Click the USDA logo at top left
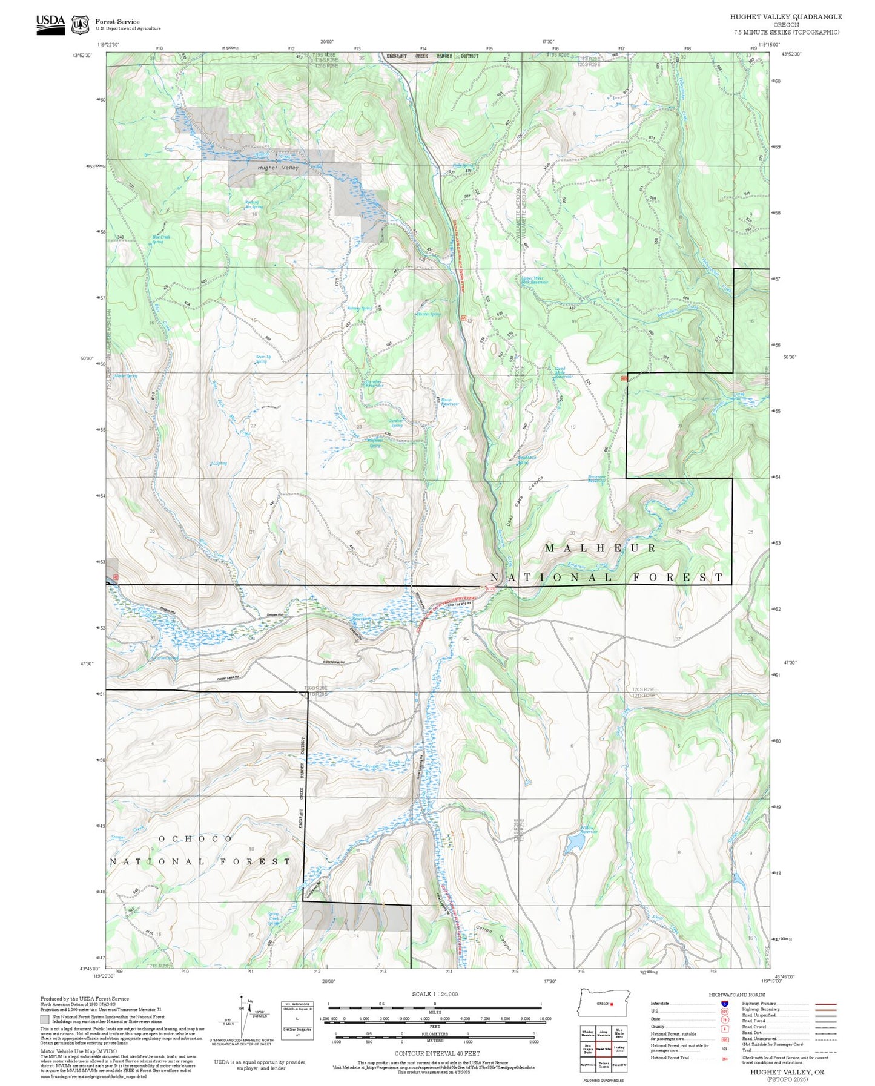50,23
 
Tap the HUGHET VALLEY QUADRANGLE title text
785,16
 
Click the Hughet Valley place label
278,168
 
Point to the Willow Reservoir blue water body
572,844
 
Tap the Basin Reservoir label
449,402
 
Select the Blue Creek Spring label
161,239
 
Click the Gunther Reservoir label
374,384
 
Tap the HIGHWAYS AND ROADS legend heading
737,995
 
